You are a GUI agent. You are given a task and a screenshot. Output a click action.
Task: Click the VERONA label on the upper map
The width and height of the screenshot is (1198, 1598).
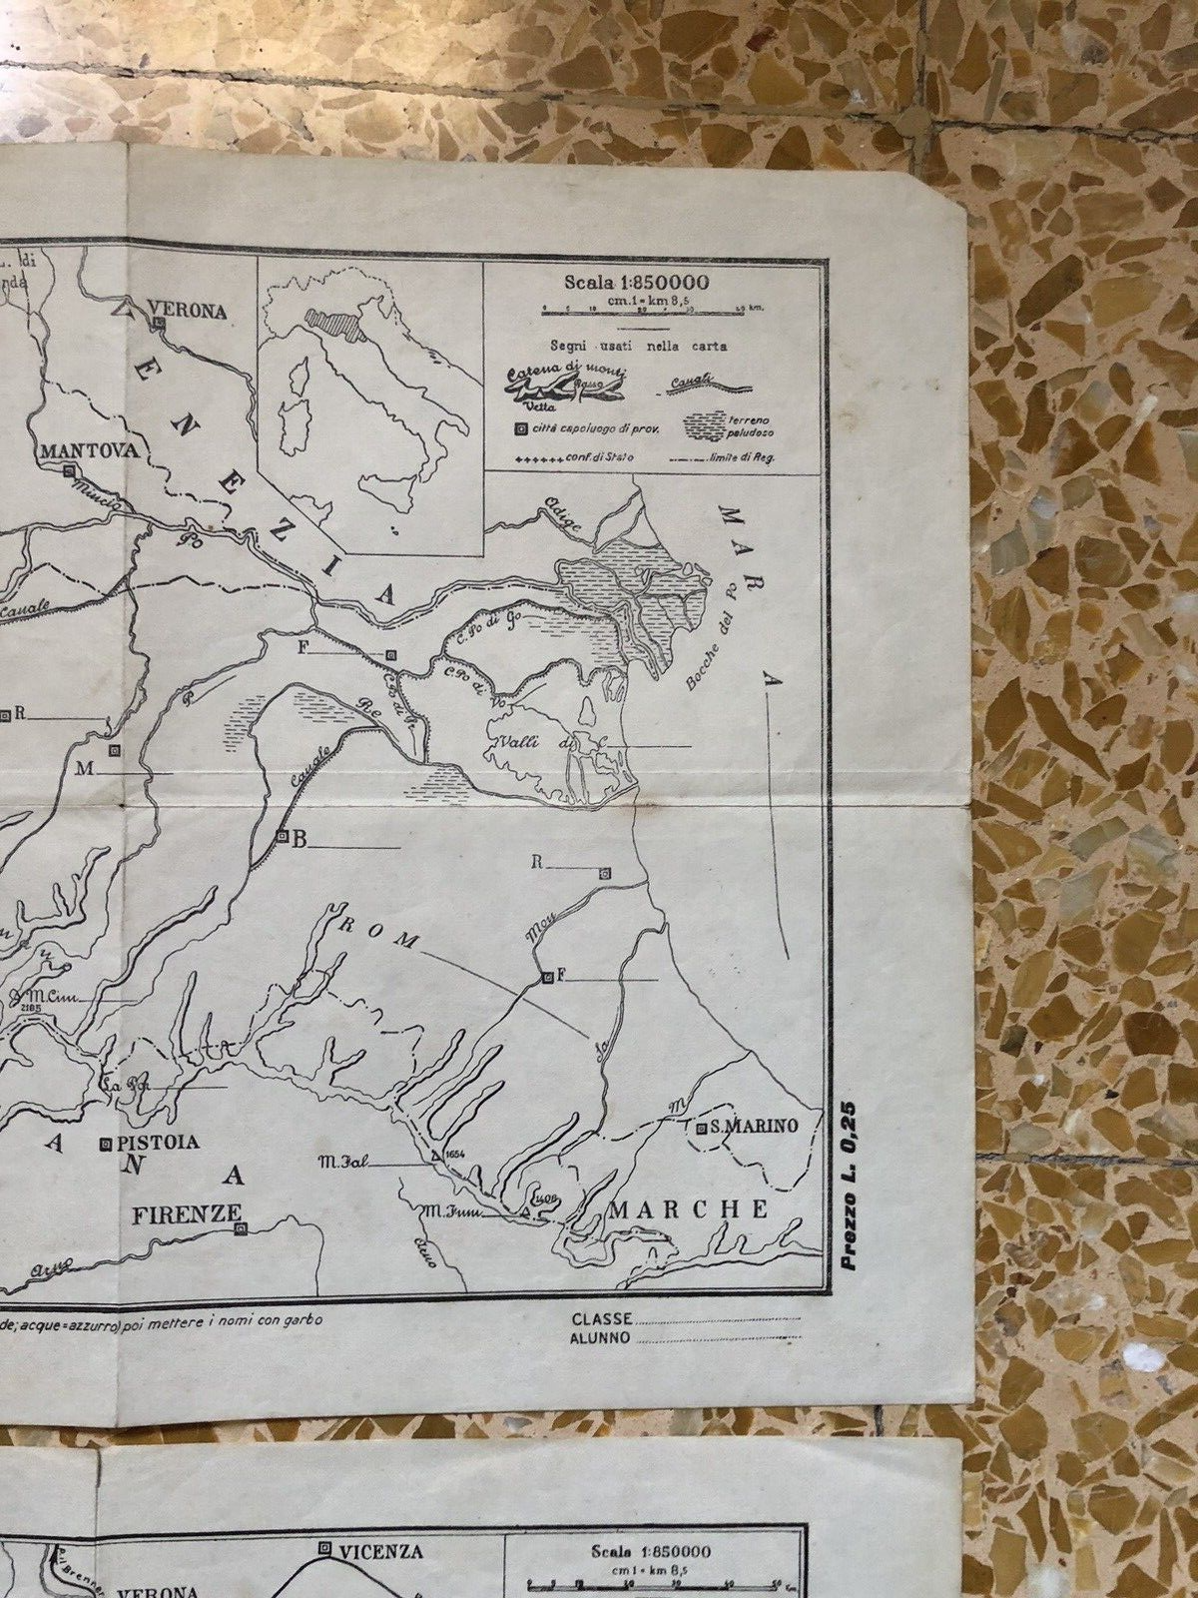[187, 311]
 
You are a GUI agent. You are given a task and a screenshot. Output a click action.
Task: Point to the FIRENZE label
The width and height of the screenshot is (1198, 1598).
[187, 1213]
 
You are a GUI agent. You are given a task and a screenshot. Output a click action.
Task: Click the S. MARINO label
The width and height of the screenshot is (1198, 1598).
[756, 1127]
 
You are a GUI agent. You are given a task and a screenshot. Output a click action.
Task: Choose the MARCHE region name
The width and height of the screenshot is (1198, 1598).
[690, 1209]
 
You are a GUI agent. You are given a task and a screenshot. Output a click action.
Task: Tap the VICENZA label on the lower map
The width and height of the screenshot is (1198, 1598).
[380, 1551]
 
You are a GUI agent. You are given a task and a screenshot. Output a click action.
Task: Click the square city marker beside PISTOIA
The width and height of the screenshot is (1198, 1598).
[105, 1145]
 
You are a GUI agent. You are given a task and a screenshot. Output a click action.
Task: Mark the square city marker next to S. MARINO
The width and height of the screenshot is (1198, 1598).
[703, 1129]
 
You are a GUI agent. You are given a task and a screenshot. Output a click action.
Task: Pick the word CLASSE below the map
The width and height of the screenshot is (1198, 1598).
[600, 1320]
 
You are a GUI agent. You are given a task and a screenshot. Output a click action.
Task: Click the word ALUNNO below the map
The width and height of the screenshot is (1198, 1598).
[600, 1338]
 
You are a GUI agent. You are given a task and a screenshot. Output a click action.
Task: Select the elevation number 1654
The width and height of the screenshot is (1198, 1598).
[455, 1156]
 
